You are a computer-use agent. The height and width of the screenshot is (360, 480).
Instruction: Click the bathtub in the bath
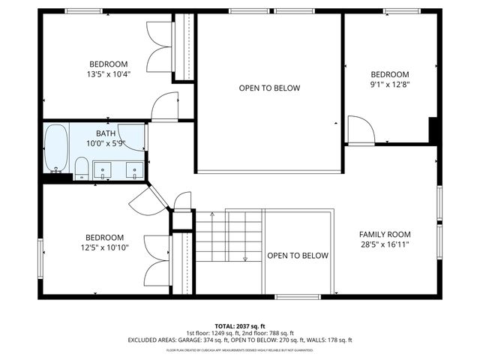click(55, 148)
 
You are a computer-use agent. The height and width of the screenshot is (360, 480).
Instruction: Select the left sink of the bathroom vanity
click(103, 169)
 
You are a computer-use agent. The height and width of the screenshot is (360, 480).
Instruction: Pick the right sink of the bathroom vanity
click(134, 169)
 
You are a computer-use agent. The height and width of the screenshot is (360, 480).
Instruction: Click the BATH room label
click(105, 133)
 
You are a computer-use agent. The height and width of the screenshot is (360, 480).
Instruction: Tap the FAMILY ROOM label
click(384, 233)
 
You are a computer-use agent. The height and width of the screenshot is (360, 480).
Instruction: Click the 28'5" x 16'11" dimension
click(384, 244)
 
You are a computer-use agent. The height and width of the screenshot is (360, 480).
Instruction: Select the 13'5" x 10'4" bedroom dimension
click(109, 74)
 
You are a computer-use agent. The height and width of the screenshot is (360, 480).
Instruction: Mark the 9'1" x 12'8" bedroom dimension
click(390, 85)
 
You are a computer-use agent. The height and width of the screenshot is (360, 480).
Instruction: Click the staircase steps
click(228, 235)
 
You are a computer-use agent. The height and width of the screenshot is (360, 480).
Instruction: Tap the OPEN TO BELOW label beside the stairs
click(298, 256)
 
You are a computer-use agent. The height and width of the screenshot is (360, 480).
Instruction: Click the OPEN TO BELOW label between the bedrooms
click(269, 88)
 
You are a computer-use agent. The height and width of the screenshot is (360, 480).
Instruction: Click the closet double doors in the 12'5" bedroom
click(157, 262)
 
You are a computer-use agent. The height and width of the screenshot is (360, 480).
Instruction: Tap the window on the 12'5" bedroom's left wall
click(41, 249)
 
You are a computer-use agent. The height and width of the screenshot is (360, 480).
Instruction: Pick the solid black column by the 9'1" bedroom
click(433, 130)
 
